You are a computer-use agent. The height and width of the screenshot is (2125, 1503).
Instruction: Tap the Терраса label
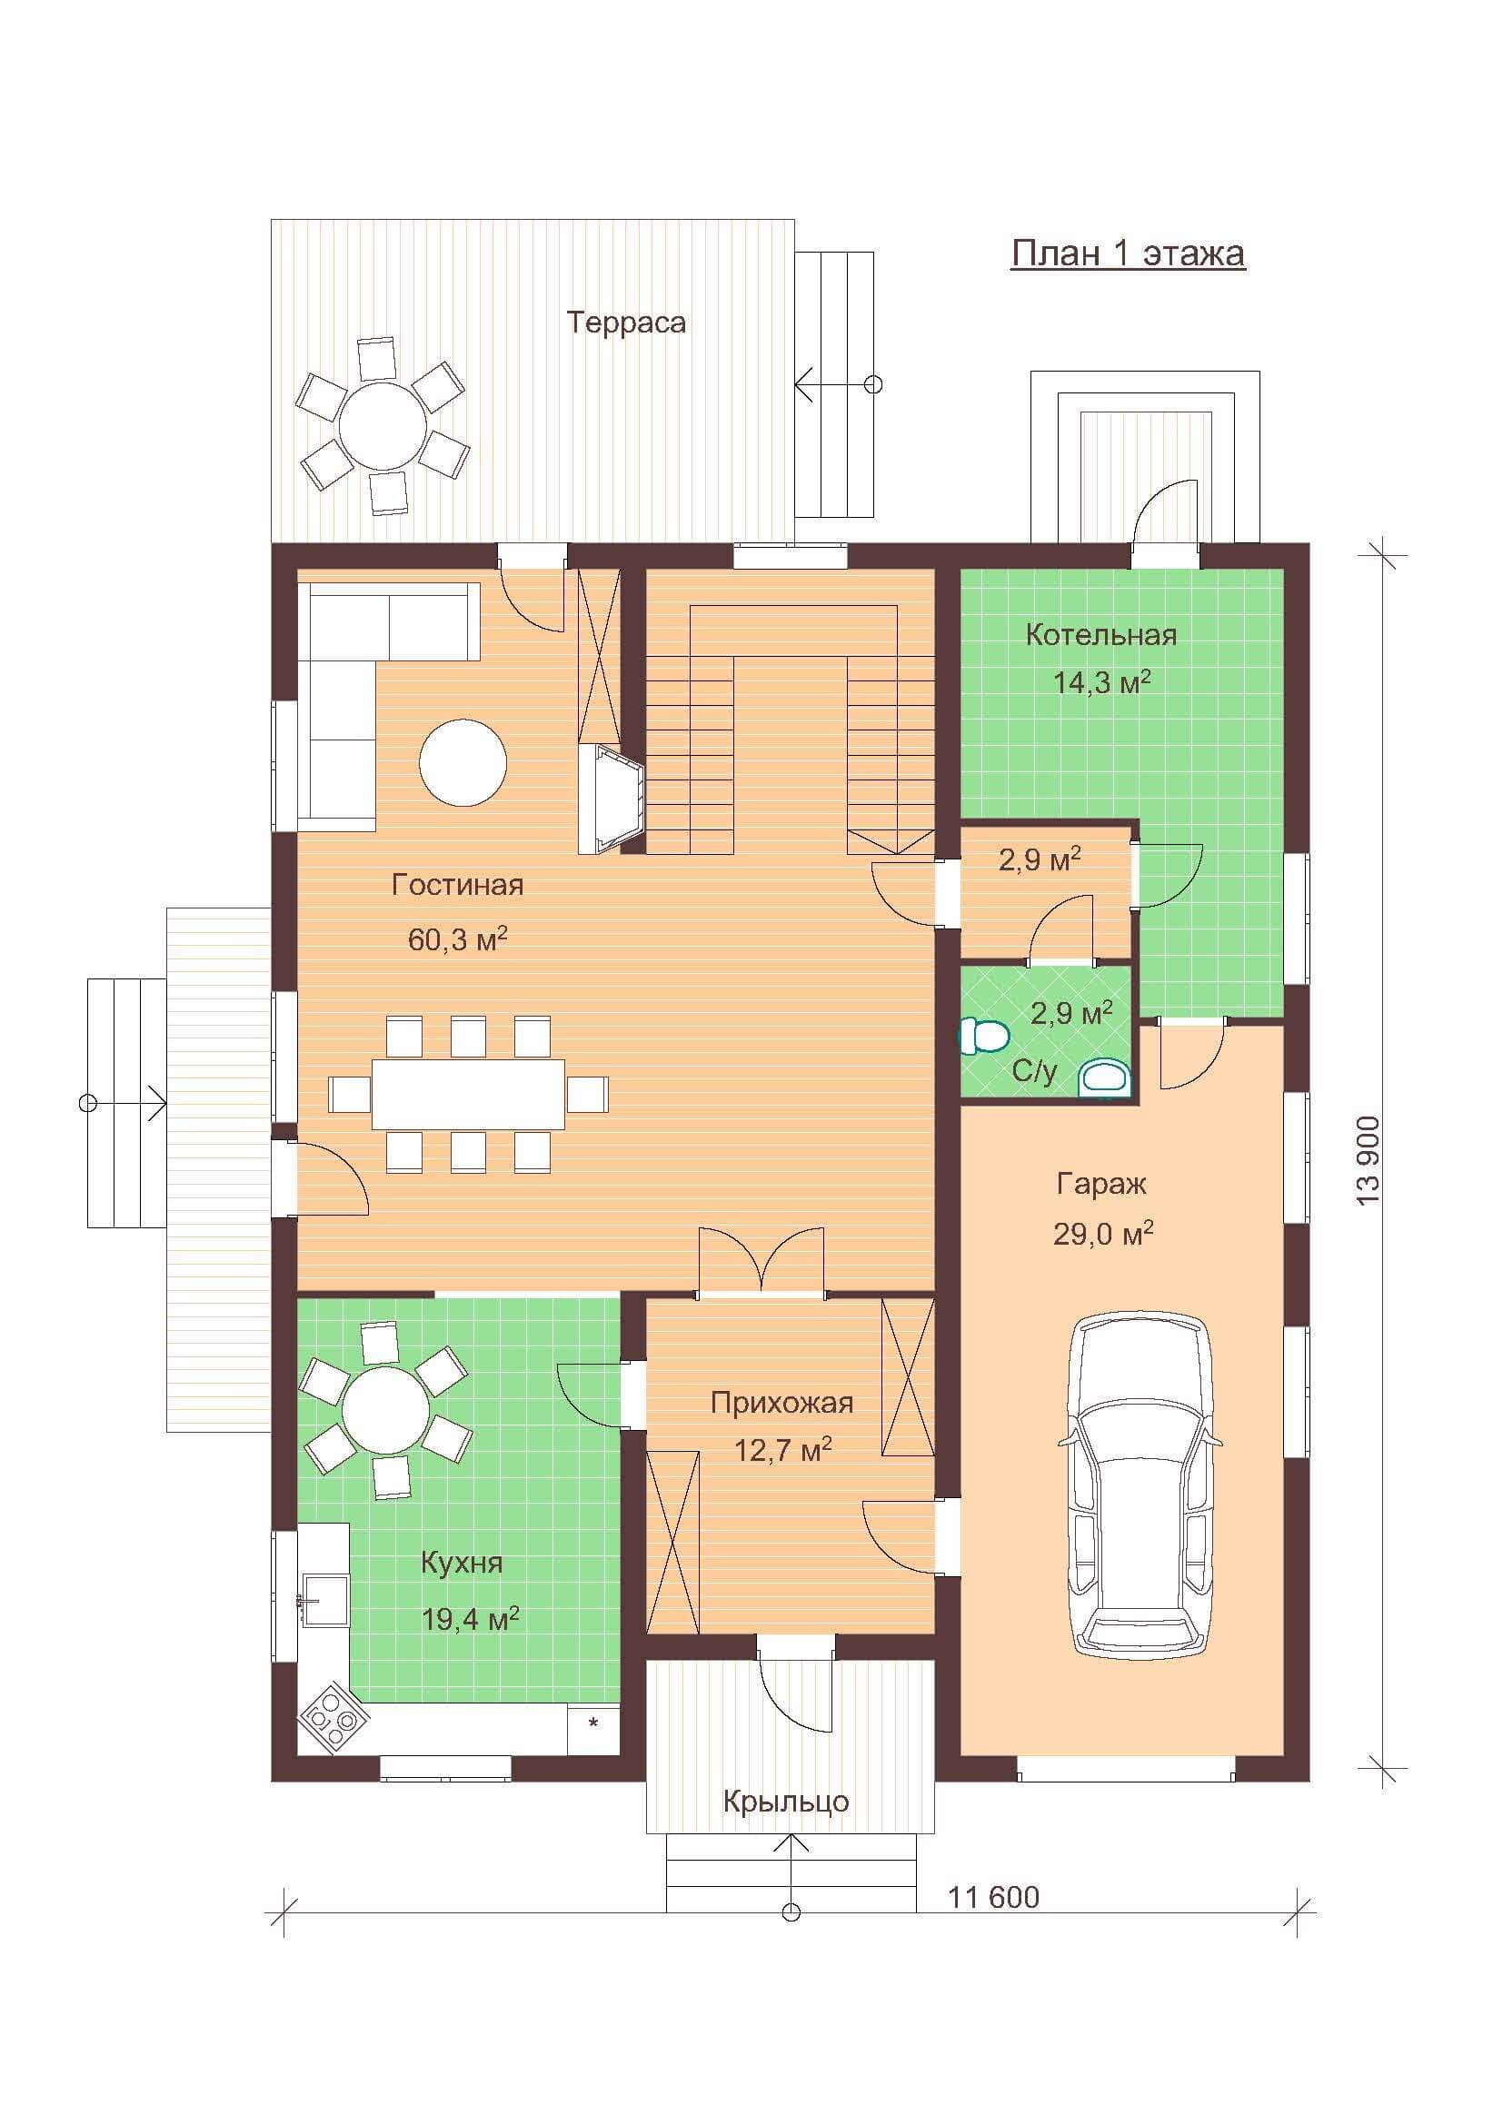[627, 323]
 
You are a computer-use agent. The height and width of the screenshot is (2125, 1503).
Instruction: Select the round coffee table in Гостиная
[463, 762]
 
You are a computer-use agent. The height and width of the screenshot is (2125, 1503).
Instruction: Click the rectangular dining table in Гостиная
[468, 1093]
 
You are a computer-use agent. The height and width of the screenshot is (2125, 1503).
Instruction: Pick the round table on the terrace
[383, 426]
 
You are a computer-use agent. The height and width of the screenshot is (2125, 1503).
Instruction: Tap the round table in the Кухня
[385, 1413]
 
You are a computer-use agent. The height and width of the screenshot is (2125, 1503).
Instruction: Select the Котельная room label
[1101, 635]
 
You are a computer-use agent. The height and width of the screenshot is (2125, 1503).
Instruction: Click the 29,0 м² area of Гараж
[1103, 1233]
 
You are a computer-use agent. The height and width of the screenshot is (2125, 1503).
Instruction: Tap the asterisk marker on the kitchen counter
[593, 1721]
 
